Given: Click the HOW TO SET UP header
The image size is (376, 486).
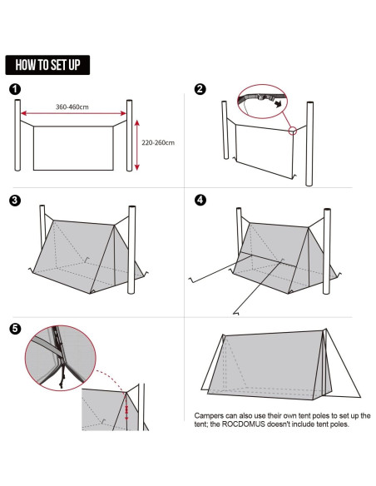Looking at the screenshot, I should coord(47,65).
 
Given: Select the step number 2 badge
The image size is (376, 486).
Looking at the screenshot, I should coord(200,90).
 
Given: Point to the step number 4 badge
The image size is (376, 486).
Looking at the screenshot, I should coord(200,201).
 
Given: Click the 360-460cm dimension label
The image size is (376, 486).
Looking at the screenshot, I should coord(73,107).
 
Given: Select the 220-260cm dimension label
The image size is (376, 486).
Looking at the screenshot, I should coord(159,142).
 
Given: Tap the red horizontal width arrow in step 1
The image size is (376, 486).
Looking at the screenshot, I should coord(73,115).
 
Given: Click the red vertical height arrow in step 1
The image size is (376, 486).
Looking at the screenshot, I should coord(137,143).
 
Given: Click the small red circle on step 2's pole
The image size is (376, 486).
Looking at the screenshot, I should coord(293,130).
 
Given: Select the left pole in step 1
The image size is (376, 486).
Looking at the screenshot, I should coord(17,137).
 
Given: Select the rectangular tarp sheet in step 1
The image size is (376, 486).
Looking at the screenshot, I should coord(73,148).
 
